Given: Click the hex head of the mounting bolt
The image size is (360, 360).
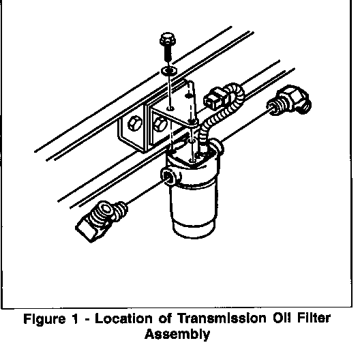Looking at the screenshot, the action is [168, 39].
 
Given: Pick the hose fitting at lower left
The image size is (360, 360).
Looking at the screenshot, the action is [101, 220].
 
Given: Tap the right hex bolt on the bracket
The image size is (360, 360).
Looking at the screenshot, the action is [160, 124].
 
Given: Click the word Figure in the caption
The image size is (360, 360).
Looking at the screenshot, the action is [44, 319].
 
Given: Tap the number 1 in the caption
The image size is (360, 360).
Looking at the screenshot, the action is [74, 318].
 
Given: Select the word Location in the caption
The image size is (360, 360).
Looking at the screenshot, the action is [123, 318].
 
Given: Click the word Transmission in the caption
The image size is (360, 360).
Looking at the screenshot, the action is [222, 318].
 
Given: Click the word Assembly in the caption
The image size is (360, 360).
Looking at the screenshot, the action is [177, 335].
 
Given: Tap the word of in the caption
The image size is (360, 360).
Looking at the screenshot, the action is [165, 318].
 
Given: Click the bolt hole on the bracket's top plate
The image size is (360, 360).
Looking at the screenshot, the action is [170, 108].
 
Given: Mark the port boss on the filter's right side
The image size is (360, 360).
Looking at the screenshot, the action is [217, 146].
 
